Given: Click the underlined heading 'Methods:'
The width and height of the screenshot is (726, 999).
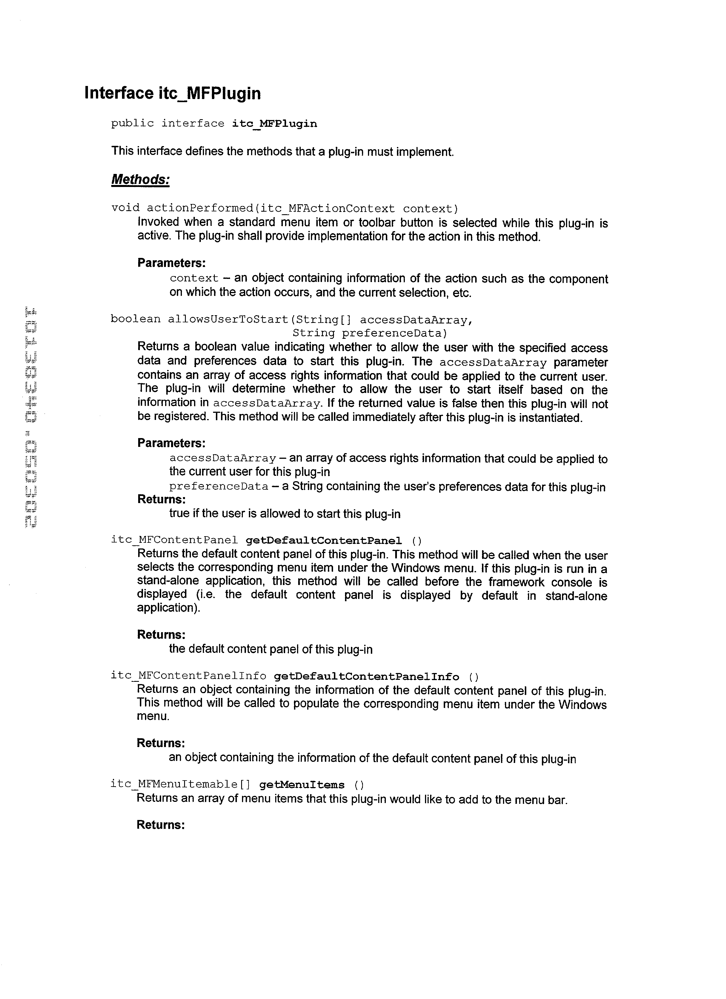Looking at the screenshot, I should tap(140, 179).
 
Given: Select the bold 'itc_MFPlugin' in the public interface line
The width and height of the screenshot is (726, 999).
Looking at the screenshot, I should tap(274, 124).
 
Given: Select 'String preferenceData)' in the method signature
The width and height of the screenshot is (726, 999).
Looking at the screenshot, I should tap(370, 333).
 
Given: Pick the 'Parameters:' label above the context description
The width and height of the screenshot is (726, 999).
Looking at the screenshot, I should tap(171, 263).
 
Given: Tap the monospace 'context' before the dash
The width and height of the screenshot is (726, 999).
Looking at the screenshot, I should tap(194, 278).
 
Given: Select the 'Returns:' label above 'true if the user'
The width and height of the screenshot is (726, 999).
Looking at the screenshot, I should tap(161, 499).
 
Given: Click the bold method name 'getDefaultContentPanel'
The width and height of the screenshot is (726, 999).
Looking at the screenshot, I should tap(323, 540).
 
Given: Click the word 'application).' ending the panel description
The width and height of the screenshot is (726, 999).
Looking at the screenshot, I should tap(168, 608).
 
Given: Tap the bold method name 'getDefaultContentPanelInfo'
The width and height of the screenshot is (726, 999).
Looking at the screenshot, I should tap(366, 677).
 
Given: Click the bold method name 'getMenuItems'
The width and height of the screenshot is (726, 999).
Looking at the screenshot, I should tap(302, 785).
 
